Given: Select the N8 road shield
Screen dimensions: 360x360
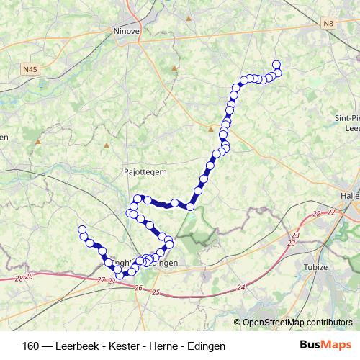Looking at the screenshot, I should coord(329,24).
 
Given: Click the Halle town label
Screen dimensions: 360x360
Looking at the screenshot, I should coord(351,195).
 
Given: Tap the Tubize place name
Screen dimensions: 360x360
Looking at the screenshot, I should coord(316,267).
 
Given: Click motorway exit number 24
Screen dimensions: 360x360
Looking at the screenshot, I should coord(240,287).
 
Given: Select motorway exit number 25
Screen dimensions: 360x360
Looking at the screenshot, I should coord(156,292).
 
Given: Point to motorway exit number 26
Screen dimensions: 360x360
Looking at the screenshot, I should coord(137,288).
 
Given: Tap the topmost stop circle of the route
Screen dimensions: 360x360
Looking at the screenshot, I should coord(276,64).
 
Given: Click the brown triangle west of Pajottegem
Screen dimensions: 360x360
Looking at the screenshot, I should coord(107,145).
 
